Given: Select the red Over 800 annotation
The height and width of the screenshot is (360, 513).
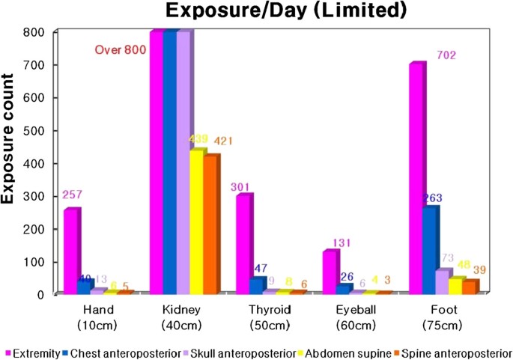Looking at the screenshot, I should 121,51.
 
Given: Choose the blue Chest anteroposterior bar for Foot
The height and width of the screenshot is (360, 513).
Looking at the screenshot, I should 430,250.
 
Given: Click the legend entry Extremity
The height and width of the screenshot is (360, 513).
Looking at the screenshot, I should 37,351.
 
